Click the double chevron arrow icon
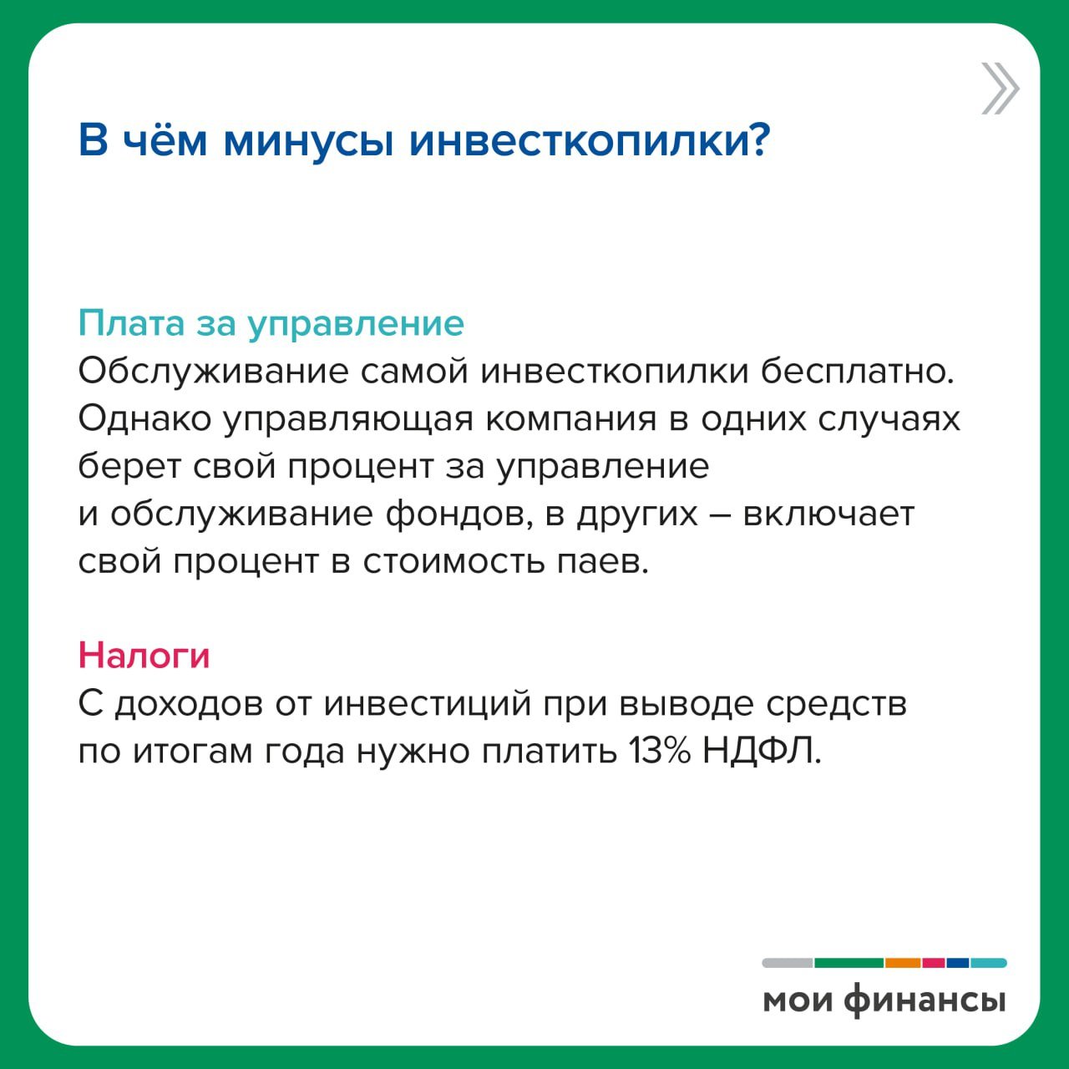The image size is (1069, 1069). click(x=1001, y=89)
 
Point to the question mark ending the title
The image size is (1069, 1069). click(x=756, y=138)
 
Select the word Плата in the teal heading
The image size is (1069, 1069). click(x=131, y=322)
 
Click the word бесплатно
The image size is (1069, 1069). click(x=857, y=371)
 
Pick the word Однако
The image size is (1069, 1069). click(x=144, y=419)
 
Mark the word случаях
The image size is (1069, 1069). click(x=889, y=419)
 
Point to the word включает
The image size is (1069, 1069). click(x=828, y=514)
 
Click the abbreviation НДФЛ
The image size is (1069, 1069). click(x=762, y=752)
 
